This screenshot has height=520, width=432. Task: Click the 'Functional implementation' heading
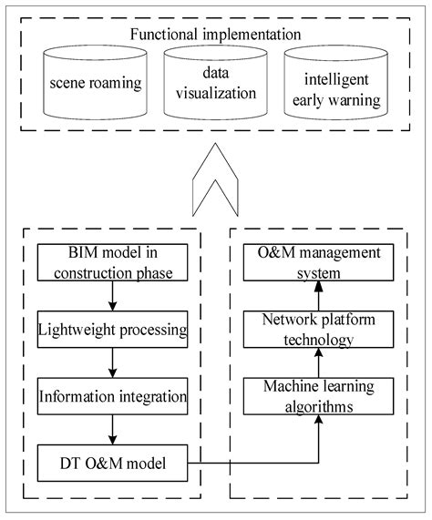click(x=215, y=36)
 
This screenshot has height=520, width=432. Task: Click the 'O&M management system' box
click(x=319, y=262)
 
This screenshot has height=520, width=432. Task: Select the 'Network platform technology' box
click(x=319, y=328)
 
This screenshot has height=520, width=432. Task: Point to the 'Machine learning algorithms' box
click(x=319, y=396)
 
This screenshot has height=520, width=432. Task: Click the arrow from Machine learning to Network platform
click(x=319, y=362)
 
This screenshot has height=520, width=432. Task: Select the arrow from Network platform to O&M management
click(x=319, y=295)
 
